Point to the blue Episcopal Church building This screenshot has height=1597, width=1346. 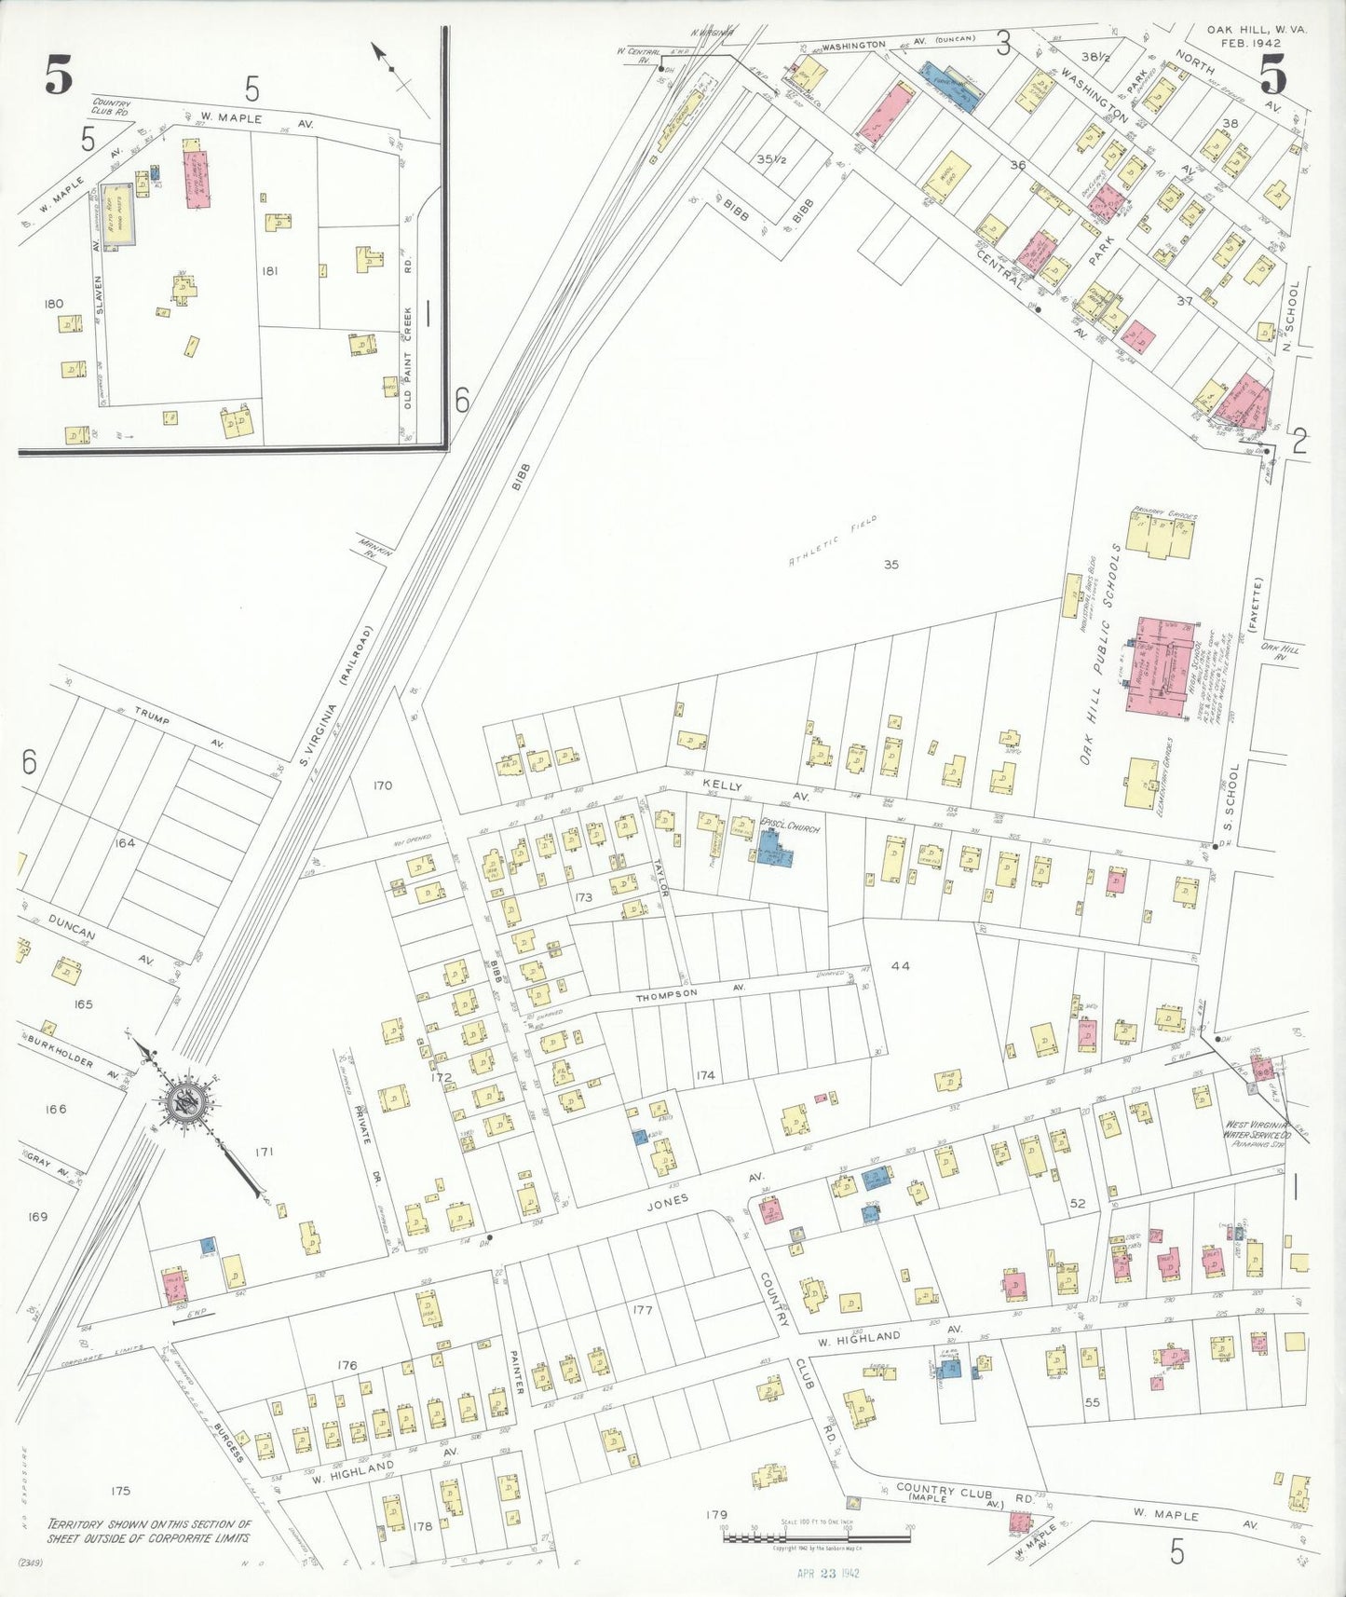pyautogui.click(x=772, y=848)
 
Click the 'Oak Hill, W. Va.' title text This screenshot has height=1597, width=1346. pyautogui.click(x=1257, y=30)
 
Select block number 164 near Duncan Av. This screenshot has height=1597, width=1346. pyautogui.click(x=125, y=842)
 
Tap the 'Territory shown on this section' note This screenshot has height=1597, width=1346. pyautogui.click(x=150, y=1530)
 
